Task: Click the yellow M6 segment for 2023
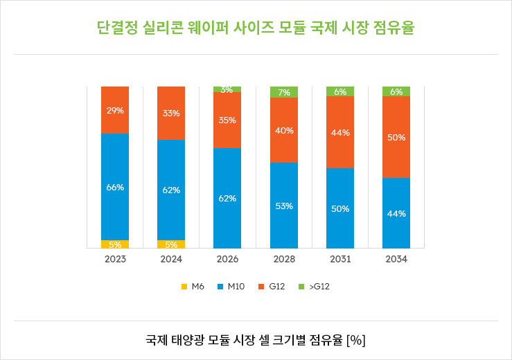tap(115, 244)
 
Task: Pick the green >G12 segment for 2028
tap(284, 92)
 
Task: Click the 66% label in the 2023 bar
tap(115, 188)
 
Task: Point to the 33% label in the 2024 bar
tap(171, 114)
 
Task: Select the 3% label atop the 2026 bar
tap(227, 89)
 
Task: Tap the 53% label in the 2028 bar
tap(284, 206)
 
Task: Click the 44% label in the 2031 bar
tap(340, 132)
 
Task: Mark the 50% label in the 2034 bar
tap(396, 138)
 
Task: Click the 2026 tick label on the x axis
tap(227, 260)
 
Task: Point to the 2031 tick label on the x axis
tap(340, 260)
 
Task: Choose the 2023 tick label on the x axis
tap(115, 260)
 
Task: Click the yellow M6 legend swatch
tap(184, 286)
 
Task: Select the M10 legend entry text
tap(236, 286)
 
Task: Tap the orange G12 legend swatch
tap(263, 286)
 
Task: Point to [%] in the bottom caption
tap(356, 340)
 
